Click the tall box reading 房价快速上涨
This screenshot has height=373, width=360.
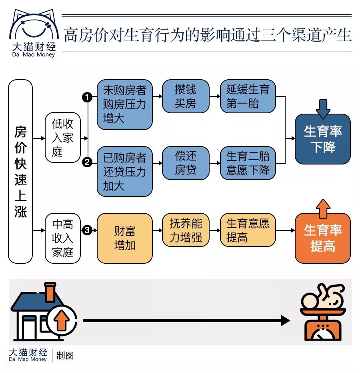[x=20, y=171]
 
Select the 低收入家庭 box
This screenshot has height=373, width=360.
[x=63, y=137]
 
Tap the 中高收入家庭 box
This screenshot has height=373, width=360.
[x=63, y=238]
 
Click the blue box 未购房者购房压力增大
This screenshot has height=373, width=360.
[x=125, y=104]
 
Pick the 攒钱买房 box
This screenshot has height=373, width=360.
[x=185, y=96]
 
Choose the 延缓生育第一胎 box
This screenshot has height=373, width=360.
[x=248, y=96]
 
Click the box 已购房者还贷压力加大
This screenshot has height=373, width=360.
[x=125, y=171]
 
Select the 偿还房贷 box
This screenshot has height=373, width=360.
[x=185, y=163]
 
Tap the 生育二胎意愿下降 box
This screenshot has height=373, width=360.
[x=248, y=163]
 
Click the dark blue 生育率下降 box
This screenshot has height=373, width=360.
[x=322, y=139]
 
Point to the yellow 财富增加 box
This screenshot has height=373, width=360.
[x=125, y=238]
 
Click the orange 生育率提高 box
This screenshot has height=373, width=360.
[x=322, y=238]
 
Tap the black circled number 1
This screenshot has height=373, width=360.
[x=87, y=97]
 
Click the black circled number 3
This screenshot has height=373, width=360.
[x=87, y=231]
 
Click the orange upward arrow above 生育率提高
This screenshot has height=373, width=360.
[x=323, y=208]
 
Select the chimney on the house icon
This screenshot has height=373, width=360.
[x=50, y=292]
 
